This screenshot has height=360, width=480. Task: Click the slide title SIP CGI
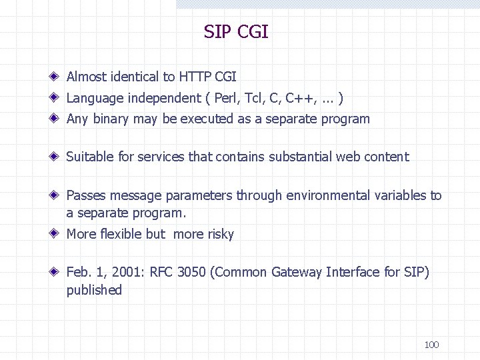pyautogui.click(x=236, y=32)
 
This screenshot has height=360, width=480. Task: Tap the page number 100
pyautogui.click(x=431, y=345)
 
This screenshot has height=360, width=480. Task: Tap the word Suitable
pyautogui.click(x=90, y=157)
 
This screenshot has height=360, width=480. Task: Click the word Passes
pyautogui.click(x=86, y=196)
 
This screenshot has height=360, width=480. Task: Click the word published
pyautogui.click(x=94, y=290)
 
